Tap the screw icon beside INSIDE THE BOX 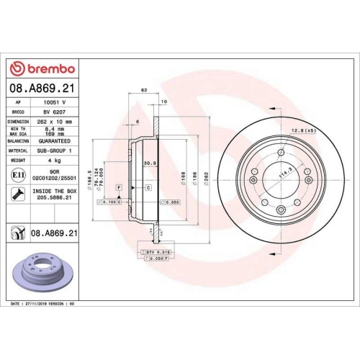point(16,193)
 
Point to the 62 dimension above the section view point(144,91)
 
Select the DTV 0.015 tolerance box point(154,251)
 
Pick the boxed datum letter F point(119,187)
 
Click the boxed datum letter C point(148,187)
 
